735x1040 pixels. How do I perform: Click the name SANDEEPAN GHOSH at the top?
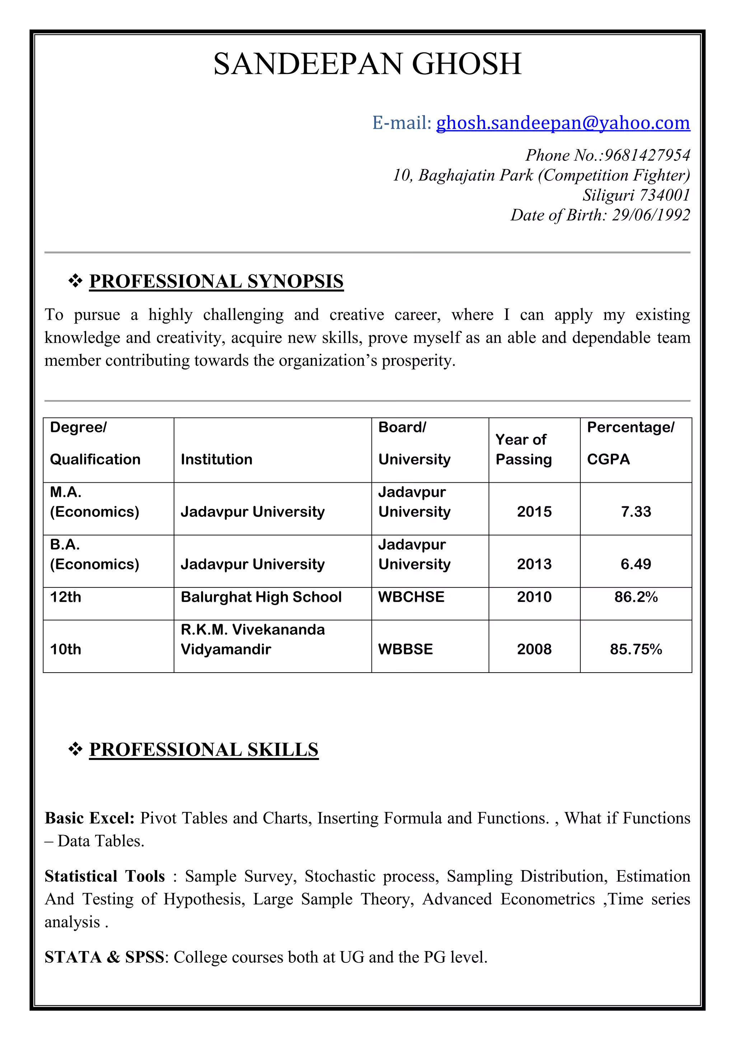pyautogui.click(x=367, y=64)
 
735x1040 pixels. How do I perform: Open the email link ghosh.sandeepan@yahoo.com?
pyautogui.click(x=563, y=123)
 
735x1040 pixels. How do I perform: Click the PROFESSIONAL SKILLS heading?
pyautogui.click(x=203, y=749)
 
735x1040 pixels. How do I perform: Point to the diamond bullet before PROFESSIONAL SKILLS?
pyautogui.click(x=75, y=749)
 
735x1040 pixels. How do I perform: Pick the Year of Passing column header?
pyautogui.click(x=523, y=449)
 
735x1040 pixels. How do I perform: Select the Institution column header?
pyautogui.click(x=216, y=459)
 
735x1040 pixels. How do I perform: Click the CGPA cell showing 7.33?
pyautogui.click(x=636, y=512)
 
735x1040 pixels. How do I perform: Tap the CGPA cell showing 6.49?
pyautogui.click(x=636, y=565)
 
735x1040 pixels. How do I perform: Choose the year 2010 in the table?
pyautogui.click(x=534, y=597)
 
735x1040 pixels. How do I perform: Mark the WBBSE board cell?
pyautogui.click(x=406, y=650)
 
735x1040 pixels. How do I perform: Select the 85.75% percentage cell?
pyautogui.click(x=636, y=650)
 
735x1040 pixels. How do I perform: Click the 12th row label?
pyautogui.click(x=66, y=597)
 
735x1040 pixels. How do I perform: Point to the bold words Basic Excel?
pyautogui.click(x=90, y=818)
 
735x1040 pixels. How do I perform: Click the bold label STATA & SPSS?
pyautogui.click(x=104, y=957)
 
